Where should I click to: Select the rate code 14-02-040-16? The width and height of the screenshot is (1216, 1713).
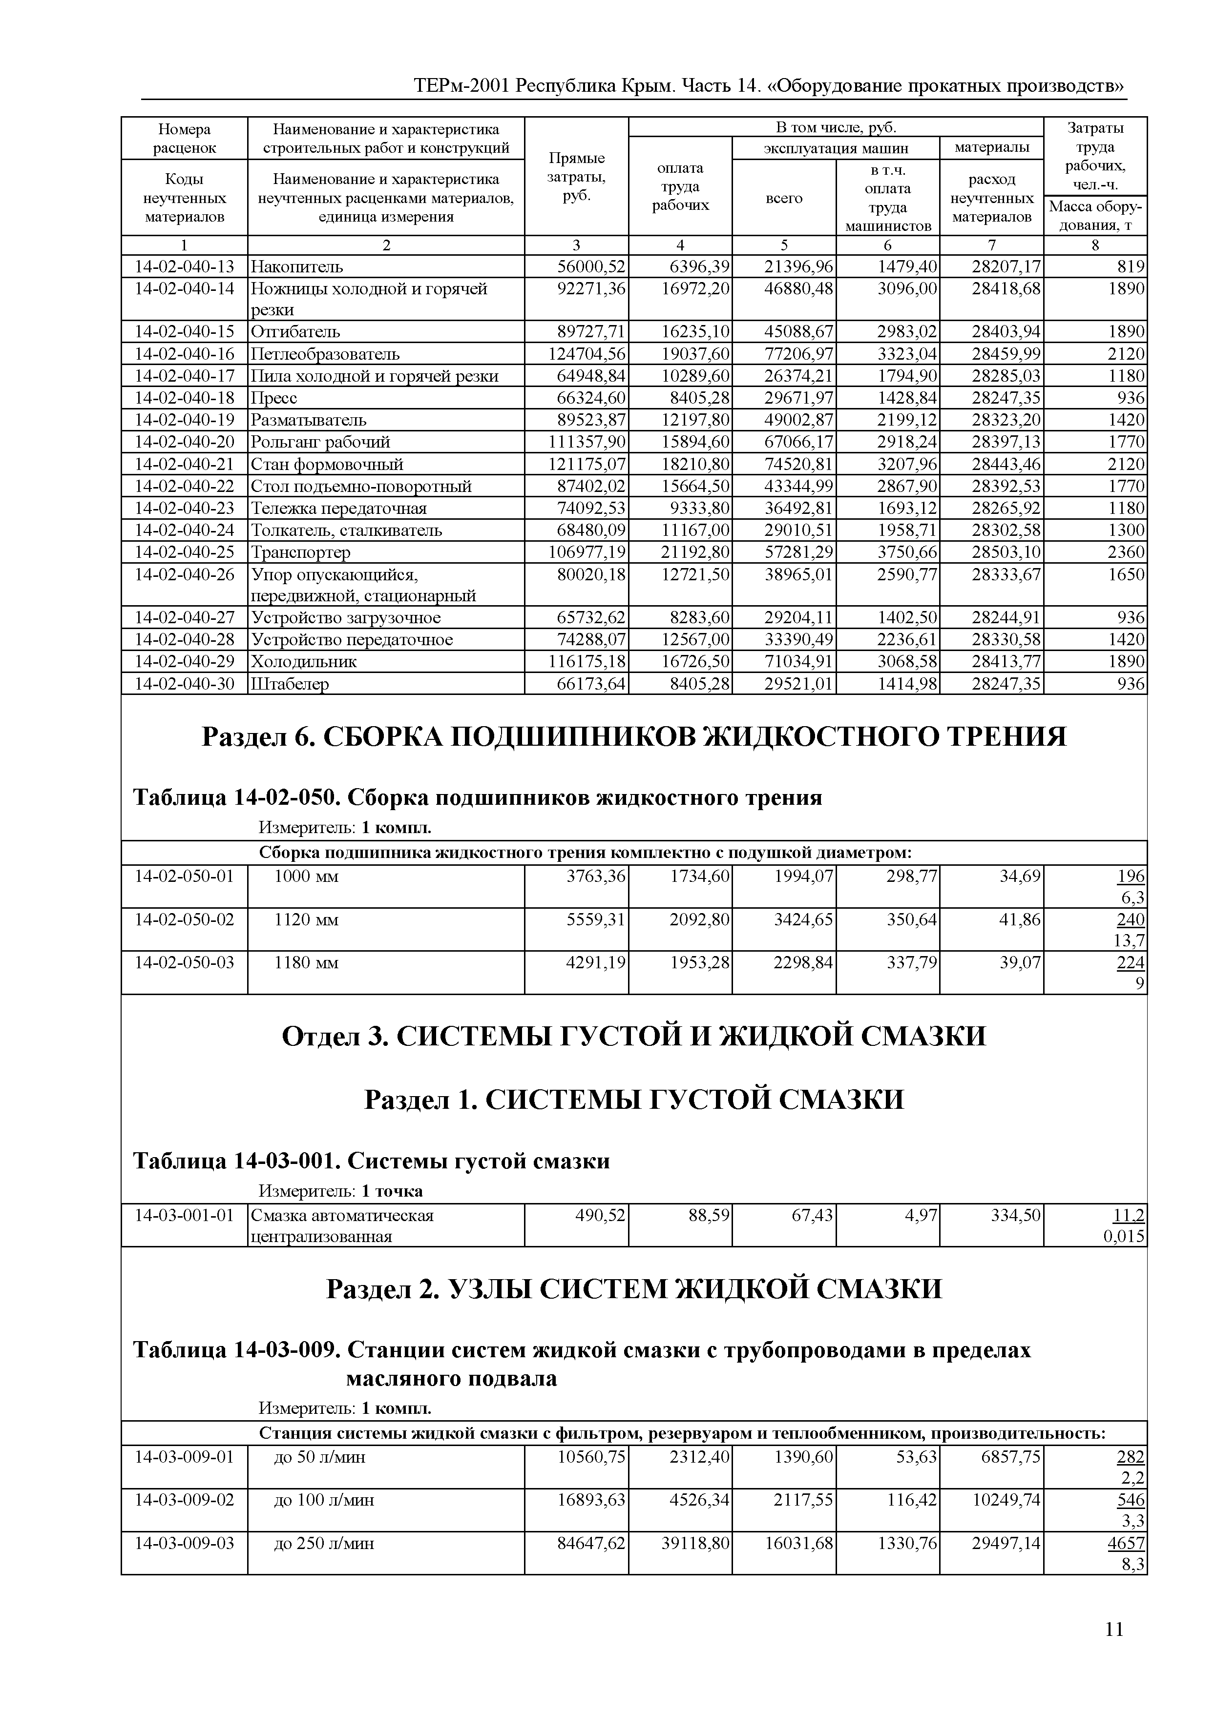click(184, 353)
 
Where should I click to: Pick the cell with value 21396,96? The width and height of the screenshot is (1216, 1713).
click(798, 266)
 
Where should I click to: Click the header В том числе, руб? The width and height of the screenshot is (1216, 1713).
click(836, 127)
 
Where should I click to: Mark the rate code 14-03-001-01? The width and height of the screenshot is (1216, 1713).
click(184, 1215)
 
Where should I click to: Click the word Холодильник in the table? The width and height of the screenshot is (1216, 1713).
click(303, 662)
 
